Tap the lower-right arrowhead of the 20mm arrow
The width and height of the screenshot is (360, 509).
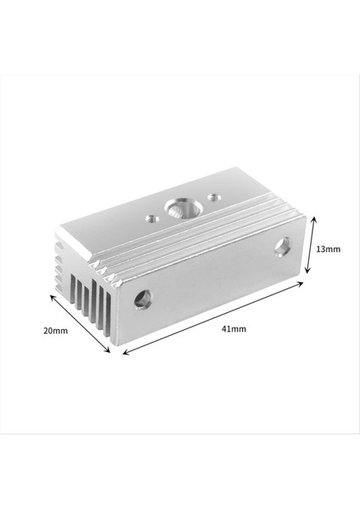coord(110,352)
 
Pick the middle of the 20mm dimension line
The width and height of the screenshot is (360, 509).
coord(82,324)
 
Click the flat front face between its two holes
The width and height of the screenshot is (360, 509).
coord(212,276)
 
